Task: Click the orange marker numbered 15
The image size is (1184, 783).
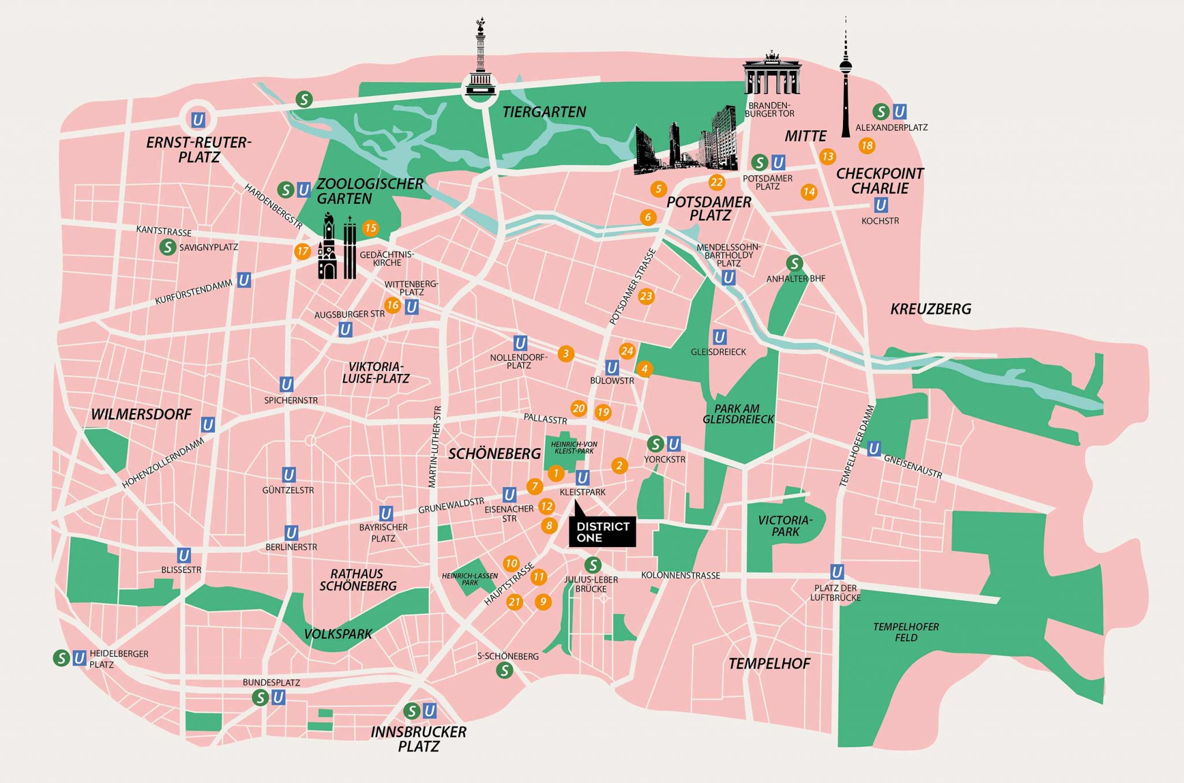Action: coord(371,228)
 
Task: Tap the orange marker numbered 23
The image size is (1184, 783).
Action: coord(646,297)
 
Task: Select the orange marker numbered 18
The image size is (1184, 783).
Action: coord(867,146)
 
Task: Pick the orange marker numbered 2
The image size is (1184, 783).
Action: coord(620,466)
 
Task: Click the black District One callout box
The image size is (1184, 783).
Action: coord(602,531)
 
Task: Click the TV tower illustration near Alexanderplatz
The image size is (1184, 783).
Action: coord(846,81)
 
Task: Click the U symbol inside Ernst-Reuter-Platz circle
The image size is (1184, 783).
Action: coord(198,120)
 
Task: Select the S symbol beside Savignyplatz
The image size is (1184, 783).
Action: coord(168,248)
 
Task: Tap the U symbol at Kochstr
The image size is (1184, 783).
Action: coord(880,205)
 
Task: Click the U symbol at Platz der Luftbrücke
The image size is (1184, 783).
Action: coord(837,573)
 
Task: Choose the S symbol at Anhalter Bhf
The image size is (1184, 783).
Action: coord(794,264)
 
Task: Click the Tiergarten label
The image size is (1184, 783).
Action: coord(544,112)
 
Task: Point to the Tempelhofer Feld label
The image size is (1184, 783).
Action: coord(906,632)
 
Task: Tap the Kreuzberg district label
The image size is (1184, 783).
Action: coord(930,309)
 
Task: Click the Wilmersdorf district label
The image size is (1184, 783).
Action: coord(141,414)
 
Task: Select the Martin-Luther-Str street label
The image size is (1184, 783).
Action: coord(435,446)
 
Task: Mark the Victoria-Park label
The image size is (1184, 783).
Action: coord(785,526)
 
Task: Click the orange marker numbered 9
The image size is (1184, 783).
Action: coord(542,602)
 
